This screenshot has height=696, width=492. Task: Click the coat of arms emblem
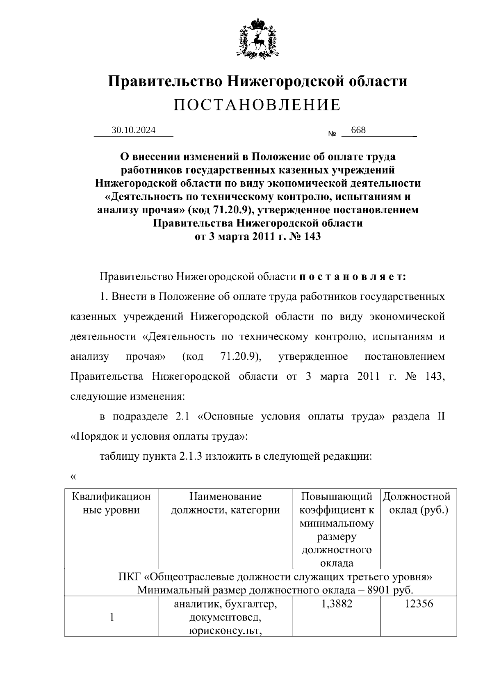(257, 37)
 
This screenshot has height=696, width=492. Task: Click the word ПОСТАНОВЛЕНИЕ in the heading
(257, 105)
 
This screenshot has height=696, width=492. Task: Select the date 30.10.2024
(134, 130)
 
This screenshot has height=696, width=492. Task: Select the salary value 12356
(419, 604)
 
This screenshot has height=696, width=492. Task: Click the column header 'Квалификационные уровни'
(111, 503)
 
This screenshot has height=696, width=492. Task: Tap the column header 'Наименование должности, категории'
(225, 503)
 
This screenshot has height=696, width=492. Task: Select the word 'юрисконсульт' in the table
(225, 630)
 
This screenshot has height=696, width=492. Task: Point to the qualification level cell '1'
(112, 617)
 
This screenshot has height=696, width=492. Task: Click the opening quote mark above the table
(73, 477)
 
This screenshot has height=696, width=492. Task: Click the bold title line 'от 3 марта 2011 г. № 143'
(257, 237)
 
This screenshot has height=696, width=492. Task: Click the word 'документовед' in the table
(225, 617)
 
